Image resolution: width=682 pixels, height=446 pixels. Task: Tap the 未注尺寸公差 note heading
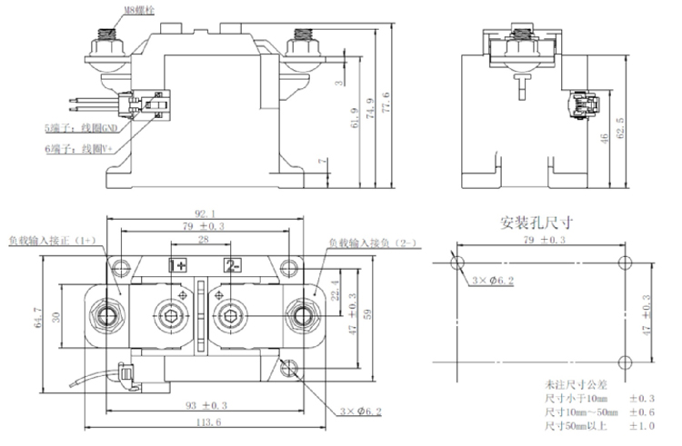tap(573, 385)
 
